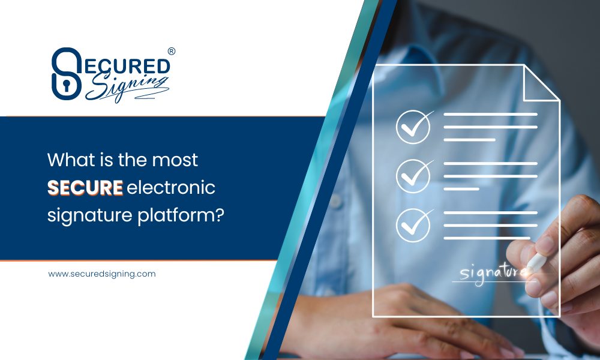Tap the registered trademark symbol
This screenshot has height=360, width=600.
(x=172, y=52)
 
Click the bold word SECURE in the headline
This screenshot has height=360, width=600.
(x=85, y=188)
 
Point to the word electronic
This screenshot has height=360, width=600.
(x=171, y=188)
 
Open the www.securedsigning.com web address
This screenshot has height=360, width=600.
(x=102, y=274)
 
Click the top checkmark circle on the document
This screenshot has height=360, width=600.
(x=413, y=127)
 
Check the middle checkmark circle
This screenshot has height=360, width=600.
(x=413, y=175)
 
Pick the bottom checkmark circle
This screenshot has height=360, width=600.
(x=413, y=224)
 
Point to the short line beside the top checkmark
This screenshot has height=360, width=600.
(x=470, y=140)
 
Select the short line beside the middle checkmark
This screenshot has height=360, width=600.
(x=461, y=188)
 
